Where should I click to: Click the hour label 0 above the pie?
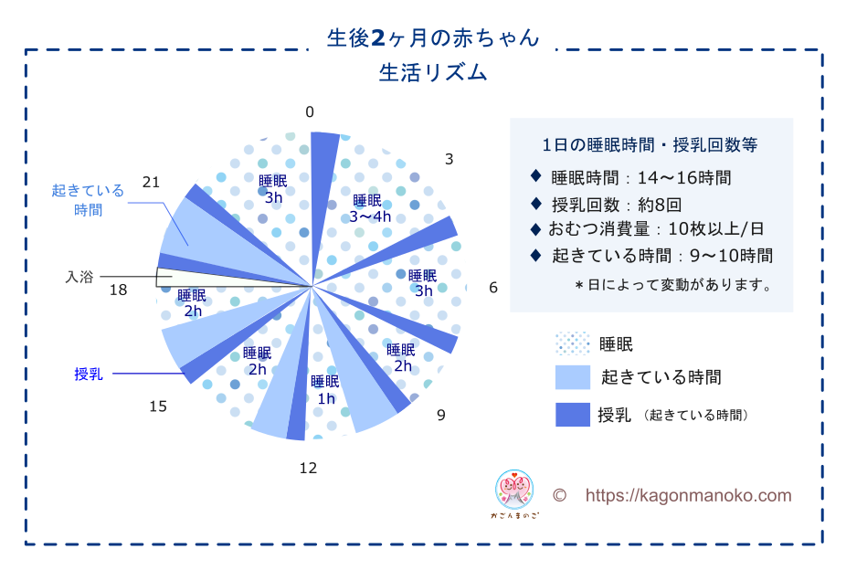coord(309,111)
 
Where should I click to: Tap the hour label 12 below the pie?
coord(308,468)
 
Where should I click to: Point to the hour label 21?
coord(151,183)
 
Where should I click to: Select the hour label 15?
coord(158,406)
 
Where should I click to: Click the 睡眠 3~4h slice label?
coord(370,208)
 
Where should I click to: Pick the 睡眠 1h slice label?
coord(325,390)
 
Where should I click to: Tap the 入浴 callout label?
coord(79,277)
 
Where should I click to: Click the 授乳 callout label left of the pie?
coord(89,374)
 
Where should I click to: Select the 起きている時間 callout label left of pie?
coord(88,199)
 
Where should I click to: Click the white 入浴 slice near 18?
coord(178,276)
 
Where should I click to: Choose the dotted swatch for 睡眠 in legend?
coord(573,343)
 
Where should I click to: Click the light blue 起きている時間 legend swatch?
coord(573,377)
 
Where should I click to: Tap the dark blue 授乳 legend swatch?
coord(573,415)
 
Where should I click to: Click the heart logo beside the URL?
coord(514,490)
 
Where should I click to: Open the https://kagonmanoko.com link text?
coord(688,495)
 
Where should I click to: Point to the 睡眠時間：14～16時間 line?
coord(640,177)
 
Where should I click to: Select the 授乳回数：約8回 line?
coord(616,205)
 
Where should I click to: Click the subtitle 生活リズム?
coord(433,73)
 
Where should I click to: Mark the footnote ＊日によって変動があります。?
coord(674,284)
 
